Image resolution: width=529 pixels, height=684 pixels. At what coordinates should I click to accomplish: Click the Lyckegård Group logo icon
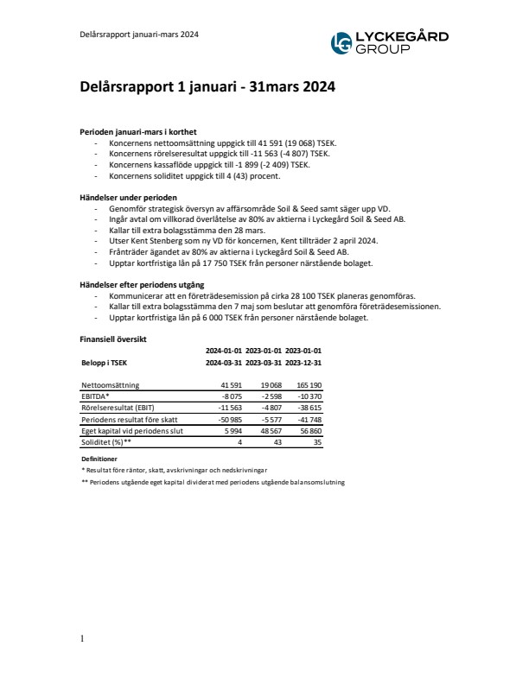click(342, 42)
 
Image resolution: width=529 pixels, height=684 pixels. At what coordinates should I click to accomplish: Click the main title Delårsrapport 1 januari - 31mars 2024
click(202, 87)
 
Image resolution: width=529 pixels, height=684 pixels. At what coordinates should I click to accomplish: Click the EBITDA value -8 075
click(228, 396)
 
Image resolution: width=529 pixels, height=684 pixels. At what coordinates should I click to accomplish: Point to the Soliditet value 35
click(317, 441)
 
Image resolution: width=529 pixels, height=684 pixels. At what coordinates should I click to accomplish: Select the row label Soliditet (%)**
click(106, 441)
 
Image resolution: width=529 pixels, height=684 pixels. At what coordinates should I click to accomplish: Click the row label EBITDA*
click(96, 396)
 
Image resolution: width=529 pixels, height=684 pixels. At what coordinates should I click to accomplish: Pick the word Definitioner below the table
click(99, 459)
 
